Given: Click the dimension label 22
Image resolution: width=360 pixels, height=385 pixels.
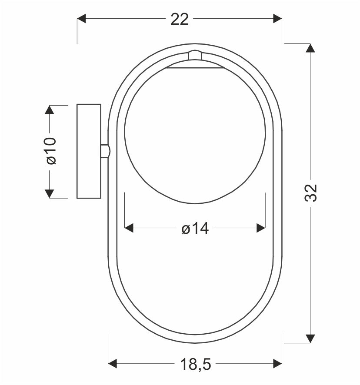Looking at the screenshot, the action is click(x=180, y=19).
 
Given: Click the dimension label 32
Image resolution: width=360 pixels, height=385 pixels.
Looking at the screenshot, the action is click(x=311, y=193).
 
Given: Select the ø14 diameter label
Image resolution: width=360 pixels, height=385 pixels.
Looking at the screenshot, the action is click(x=195, y=229).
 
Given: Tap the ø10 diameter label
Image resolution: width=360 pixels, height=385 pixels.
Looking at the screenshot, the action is click(x=51, y=151).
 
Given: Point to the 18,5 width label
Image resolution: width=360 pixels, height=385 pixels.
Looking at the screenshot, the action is click(x=196, y=364).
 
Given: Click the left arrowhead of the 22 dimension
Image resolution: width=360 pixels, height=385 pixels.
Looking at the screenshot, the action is click(x=81, y=19).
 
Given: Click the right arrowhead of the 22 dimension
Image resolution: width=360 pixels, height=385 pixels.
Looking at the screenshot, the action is click(x=278, y=19).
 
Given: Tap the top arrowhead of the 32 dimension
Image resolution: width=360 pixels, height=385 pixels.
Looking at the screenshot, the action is click(x=310, y=48).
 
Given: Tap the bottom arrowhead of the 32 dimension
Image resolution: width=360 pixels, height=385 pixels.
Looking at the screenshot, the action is click(x=310, y=339).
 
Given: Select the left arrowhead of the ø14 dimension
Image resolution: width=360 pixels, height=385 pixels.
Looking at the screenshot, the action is click(x=129, y=228).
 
